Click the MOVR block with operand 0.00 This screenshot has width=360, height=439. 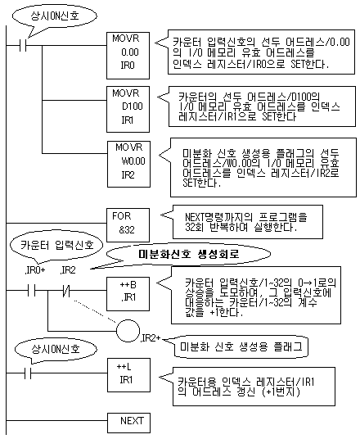point(128,56)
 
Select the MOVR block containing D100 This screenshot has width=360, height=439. point(128,109)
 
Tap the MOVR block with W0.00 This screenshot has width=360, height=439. point(128,164)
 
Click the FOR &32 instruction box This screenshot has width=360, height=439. point(128,224)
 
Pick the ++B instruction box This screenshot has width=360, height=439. point(128,294)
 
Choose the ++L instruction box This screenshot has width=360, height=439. point(128,375)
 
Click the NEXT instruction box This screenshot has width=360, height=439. point(128,423)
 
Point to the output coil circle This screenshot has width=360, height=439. point(128,331)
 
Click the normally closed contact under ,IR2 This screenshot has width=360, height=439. point(66,290)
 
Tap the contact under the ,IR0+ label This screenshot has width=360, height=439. point(32,290)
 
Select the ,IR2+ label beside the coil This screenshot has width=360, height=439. point(151,338)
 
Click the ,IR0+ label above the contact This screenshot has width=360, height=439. point(34,270)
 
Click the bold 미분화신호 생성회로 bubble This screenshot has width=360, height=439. point(188,254)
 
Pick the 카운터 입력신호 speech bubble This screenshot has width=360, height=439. point(56,246)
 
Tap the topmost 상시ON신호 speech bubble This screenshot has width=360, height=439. point(55,16)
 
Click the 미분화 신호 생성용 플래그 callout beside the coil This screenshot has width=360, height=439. point(241,347)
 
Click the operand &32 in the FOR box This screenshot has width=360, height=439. point(127,230)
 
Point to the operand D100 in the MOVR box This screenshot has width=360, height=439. point(133,106)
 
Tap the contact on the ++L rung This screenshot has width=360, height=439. point(28,373)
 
